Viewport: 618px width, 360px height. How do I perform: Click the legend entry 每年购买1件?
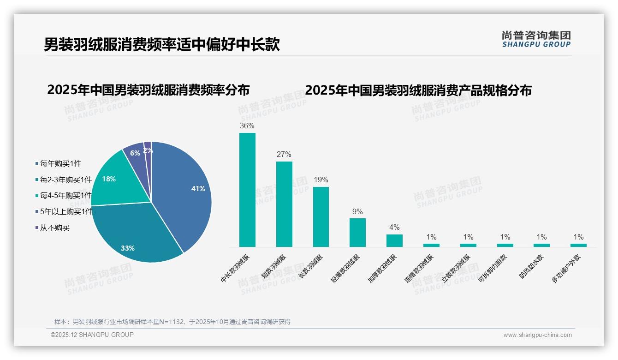[60, 163]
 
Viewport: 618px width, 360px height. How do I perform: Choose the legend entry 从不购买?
[54, 228]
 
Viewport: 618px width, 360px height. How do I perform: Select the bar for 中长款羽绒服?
[247, 190]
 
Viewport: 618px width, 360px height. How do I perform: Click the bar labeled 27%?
[284, 204]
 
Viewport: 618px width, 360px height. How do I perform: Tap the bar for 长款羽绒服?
[321, 217]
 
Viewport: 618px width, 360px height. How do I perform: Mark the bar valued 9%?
[357, 233]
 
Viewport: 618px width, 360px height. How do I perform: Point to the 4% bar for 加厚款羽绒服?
[394, 240]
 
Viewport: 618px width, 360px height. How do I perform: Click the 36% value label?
[247, 126]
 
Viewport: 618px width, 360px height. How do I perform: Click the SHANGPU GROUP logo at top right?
[536, 39]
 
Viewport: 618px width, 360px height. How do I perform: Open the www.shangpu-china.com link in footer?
[537, 335]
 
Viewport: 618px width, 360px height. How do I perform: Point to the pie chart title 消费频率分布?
[149, 90]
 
